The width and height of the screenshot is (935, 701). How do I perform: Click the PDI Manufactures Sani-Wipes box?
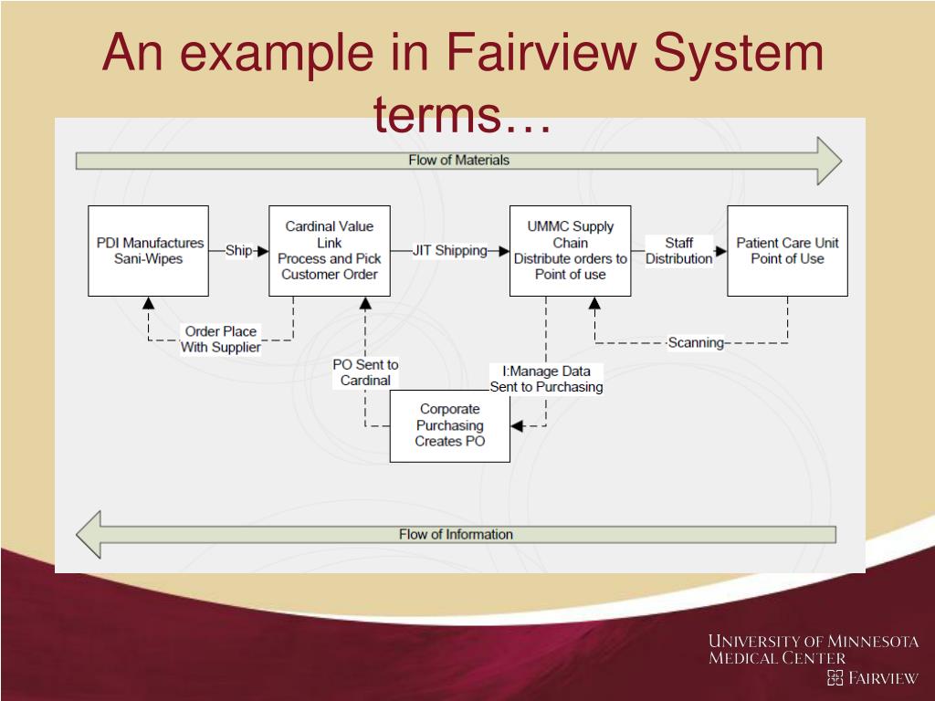[148, 250]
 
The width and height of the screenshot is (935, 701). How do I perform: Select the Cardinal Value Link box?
[329, 250]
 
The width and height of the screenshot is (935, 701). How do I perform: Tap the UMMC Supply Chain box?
[570, 250]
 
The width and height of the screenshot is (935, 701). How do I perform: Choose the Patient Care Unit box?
[787, 250]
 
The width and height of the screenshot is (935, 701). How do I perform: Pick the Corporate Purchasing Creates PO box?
[449, 425]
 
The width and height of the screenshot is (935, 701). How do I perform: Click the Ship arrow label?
[238, 250]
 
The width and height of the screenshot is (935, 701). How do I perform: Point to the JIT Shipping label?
[449, 250]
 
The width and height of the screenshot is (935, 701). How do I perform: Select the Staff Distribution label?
[678, 250]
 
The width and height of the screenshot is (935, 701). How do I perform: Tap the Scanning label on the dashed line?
[696, 343]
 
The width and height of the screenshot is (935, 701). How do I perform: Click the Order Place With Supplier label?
[220, 339]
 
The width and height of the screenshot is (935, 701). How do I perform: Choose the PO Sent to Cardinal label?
[365, 372]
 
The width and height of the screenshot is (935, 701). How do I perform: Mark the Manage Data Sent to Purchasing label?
[546, 379]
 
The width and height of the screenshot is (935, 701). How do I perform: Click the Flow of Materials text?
[458, 160]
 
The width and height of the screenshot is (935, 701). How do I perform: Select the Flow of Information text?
[456, 534]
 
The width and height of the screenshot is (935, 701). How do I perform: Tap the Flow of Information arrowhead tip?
[78, 534]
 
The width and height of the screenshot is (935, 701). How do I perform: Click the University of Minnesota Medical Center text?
[813, 649]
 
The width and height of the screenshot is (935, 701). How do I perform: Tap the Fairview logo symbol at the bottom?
[835, 677]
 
